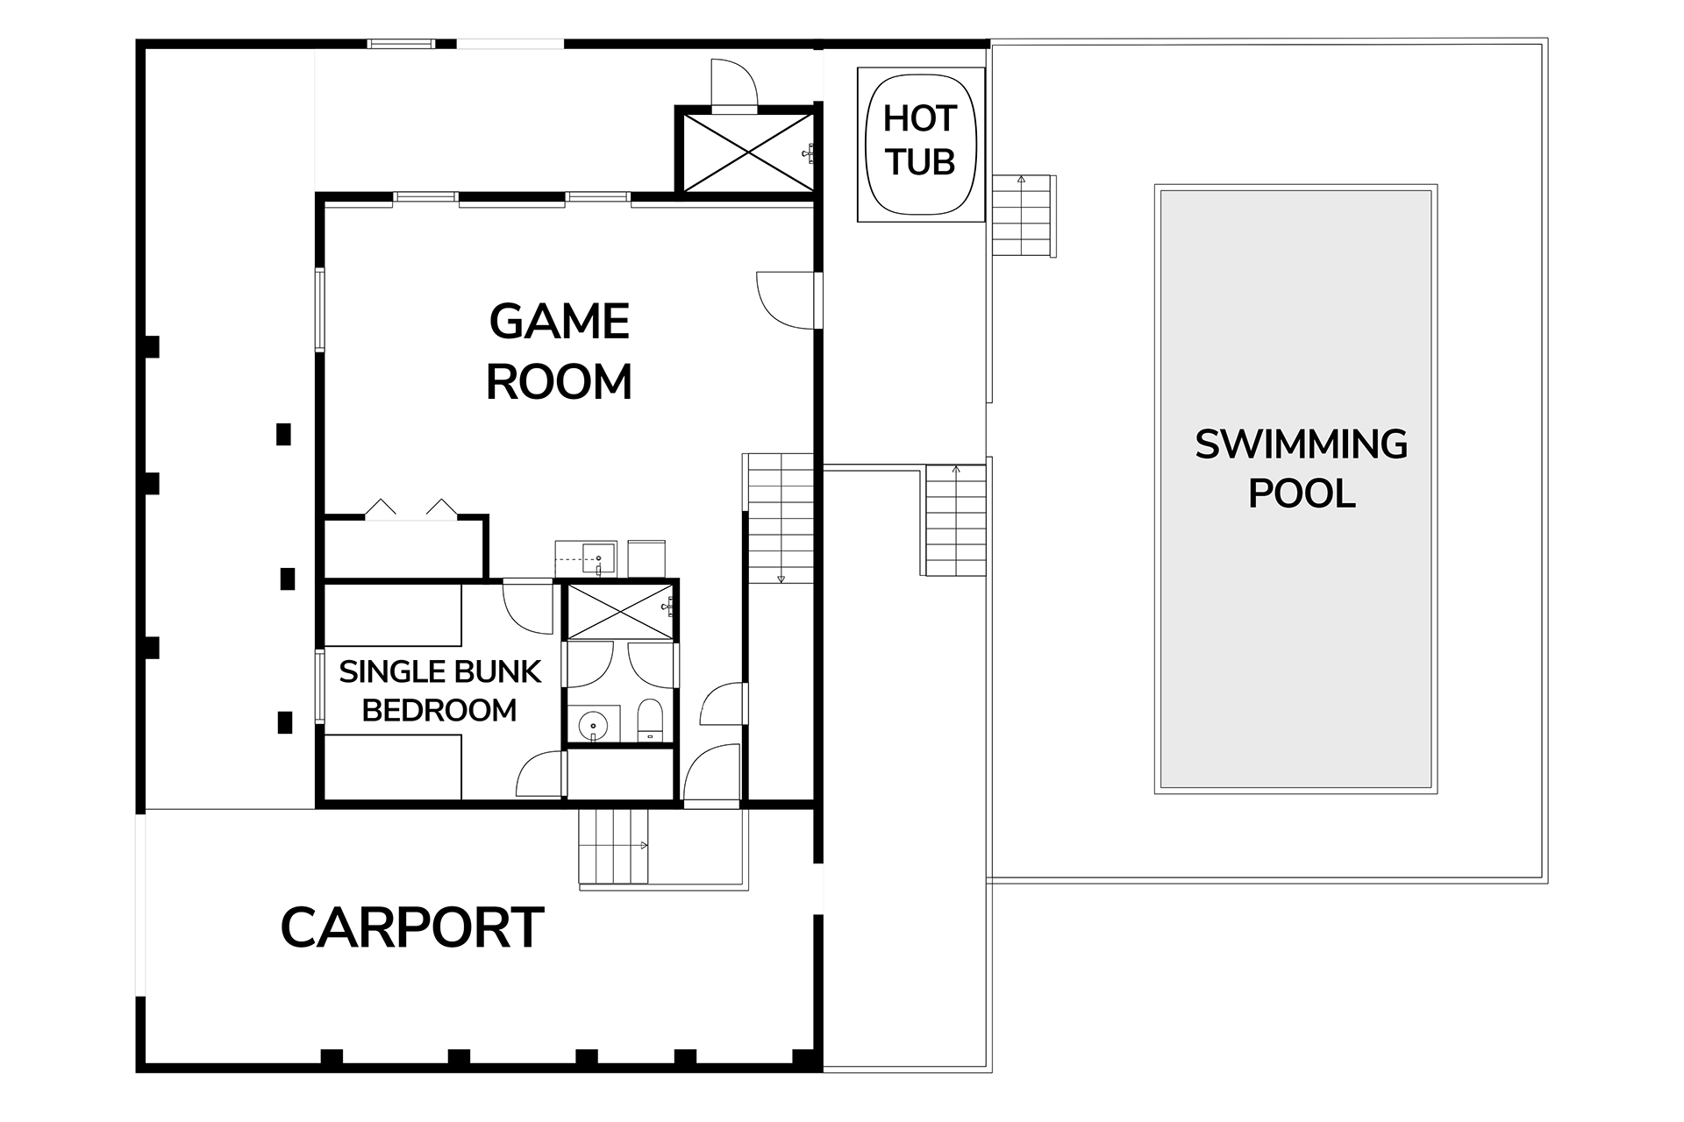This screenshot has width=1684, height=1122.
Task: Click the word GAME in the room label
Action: point(559,322)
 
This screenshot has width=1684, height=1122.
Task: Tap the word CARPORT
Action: point(412,927)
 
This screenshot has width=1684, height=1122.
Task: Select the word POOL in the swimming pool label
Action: point(1302,494)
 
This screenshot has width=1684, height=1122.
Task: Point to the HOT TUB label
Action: point(919,140)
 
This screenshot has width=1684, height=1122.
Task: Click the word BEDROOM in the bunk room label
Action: point(439,710)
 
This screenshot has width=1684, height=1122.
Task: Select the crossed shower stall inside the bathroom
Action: point(620,610)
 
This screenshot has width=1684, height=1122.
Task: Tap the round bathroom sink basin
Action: point(595,725)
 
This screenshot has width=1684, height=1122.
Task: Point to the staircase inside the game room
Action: point(779,518)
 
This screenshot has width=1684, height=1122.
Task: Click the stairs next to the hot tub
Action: point(1023,215)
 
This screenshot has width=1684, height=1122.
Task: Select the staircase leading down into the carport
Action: point(612,846)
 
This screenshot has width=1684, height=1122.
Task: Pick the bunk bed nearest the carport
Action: point(392,767)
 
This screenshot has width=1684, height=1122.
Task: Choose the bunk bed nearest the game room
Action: point(392,615)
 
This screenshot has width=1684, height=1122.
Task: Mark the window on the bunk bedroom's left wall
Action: point(320,685)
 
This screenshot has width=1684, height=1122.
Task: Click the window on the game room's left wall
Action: point(320,309)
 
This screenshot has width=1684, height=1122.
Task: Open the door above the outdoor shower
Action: point(733,86)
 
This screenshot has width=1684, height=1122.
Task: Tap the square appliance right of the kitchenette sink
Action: point(646,558)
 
